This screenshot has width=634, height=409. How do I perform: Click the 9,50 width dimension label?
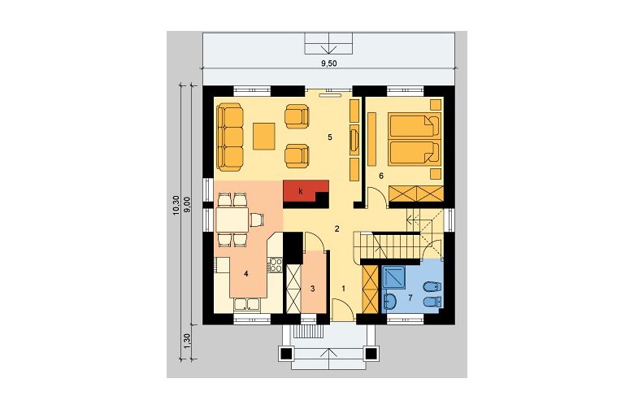(x=328, y=63)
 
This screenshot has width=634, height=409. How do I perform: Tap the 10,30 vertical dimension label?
(x=176, y=205)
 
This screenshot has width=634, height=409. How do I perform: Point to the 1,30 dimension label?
(x=187, y=341)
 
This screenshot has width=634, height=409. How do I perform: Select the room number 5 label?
(x=330, y=137)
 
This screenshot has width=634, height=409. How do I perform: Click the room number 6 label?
(x=381, y=176)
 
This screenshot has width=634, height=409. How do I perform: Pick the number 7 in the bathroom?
(x=410, y=298)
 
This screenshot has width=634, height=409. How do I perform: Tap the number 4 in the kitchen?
(x=245, y=274)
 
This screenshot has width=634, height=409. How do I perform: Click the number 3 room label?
(x=313, y=289)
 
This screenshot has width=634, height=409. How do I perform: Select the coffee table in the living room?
(x=264, y=137)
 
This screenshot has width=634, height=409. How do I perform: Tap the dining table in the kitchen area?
(x=232, y=220)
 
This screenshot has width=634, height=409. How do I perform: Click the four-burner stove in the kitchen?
(x=276, y=265)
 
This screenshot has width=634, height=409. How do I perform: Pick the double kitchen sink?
(x=247, y=304)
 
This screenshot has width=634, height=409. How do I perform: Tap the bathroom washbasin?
(x=390, y=301)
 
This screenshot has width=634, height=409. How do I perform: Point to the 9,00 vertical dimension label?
(x=187, y=205)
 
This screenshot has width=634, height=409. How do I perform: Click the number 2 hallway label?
(x=337, y=229)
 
